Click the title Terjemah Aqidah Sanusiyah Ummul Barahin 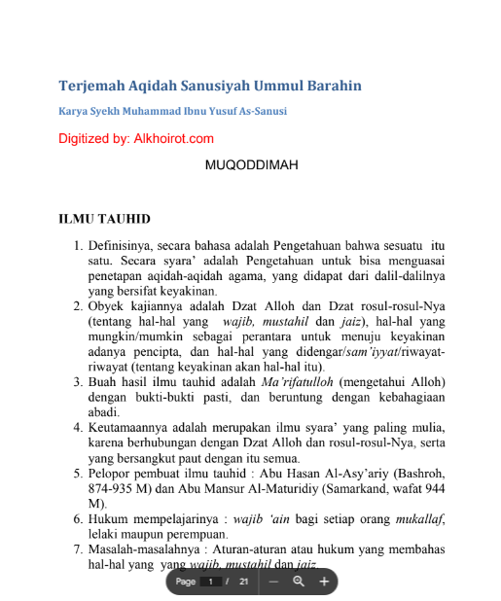pyautogui.click(x=210, y=86)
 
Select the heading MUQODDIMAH pyautogui.click(x=251, y=165)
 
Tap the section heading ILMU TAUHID pyautogui.click(x=104, y=219)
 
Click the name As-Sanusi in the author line pyautogui.click(x=257, y=112)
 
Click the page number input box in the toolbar pyautogui.click(x=210, y=582)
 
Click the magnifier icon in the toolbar pyautogui.click(x=299, y=582)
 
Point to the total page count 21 pyautogui.click(x=244, y=582)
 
